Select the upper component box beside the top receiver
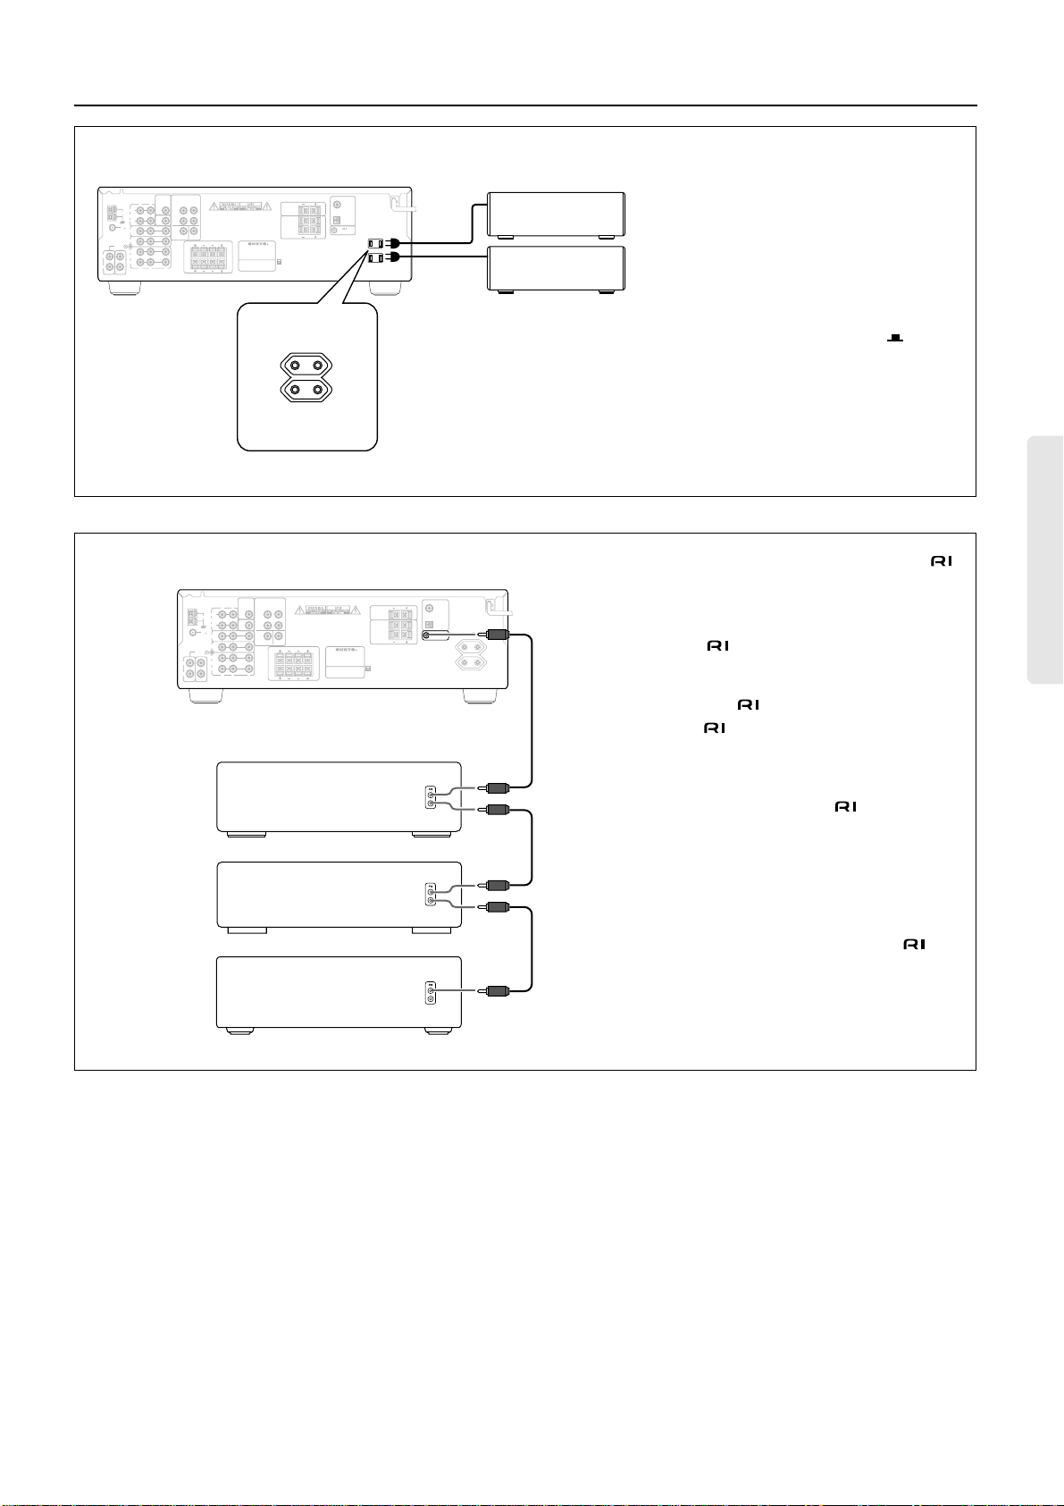point(556,215)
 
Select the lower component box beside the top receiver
point(556,269)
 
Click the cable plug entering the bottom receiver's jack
point(495,635)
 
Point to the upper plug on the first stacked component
point(495,787)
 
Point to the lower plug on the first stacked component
point(495,810)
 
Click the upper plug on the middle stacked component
point(495,885)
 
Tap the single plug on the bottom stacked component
point(495,990)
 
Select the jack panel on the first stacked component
point(431,798)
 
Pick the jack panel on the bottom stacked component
point(431,994)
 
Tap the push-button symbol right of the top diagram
point(894,339)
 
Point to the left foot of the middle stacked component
point(247,930)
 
